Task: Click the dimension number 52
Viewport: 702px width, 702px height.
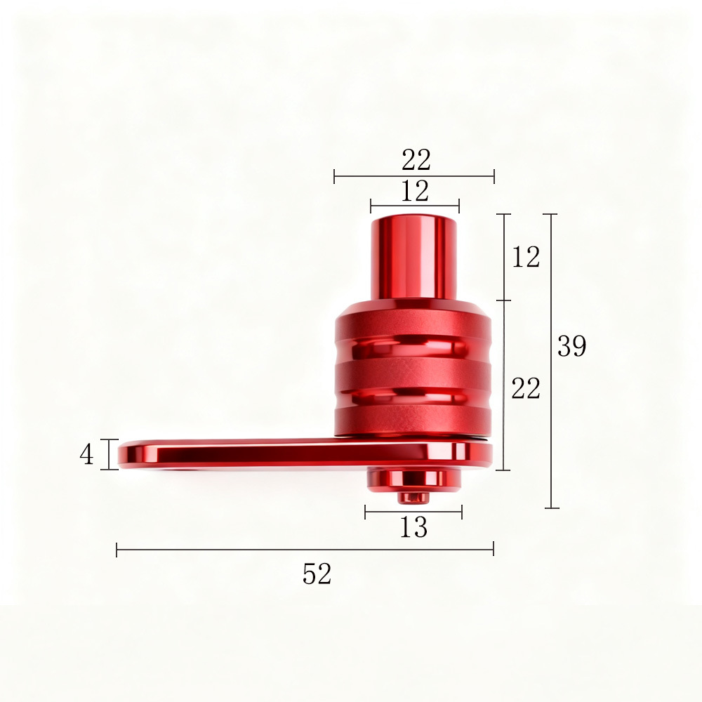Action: (x=317, y=574)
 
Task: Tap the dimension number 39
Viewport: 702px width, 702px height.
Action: (x=571, y=345)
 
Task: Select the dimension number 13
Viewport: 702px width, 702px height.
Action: (x=413, y=527)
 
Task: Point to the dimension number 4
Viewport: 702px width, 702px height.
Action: (x=86, y=455)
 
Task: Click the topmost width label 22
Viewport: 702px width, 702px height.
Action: (x=416, y=160)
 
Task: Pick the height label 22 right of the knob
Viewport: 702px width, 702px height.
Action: (x=526, y=388)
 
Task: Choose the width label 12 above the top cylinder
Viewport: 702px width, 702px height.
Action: (x=415, y=191)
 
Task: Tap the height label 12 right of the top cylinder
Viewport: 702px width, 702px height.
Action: (x=526, y=257)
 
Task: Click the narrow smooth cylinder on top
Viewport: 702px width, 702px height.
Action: (x=413, y=258)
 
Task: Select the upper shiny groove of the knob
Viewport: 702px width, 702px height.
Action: (x=413, y=347)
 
